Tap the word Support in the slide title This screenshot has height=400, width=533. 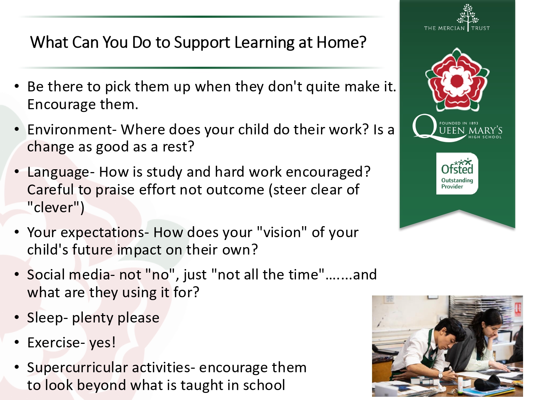pyautogui.click(x=202, y=43)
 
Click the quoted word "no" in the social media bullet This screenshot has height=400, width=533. pyautogui.click(x=161, y=274)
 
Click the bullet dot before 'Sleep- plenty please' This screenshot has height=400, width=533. pyautogui.click(x=16, y=317)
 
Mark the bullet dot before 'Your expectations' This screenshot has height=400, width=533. pyautogui.click(x=16, y=232)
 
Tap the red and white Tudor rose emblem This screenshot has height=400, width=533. pyautogui.click(x=457, y=80)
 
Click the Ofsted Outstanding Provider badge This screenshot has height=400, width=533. pyautogui.click(x=457, y=174)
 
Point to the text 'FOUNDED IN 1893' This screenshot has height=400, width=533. pyautogui.click(x=459, y=123)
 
